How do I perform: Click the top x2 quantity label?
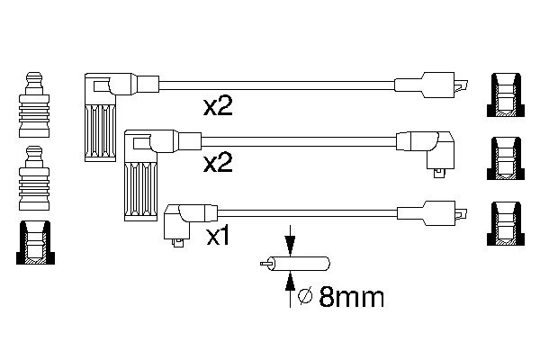219,108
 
